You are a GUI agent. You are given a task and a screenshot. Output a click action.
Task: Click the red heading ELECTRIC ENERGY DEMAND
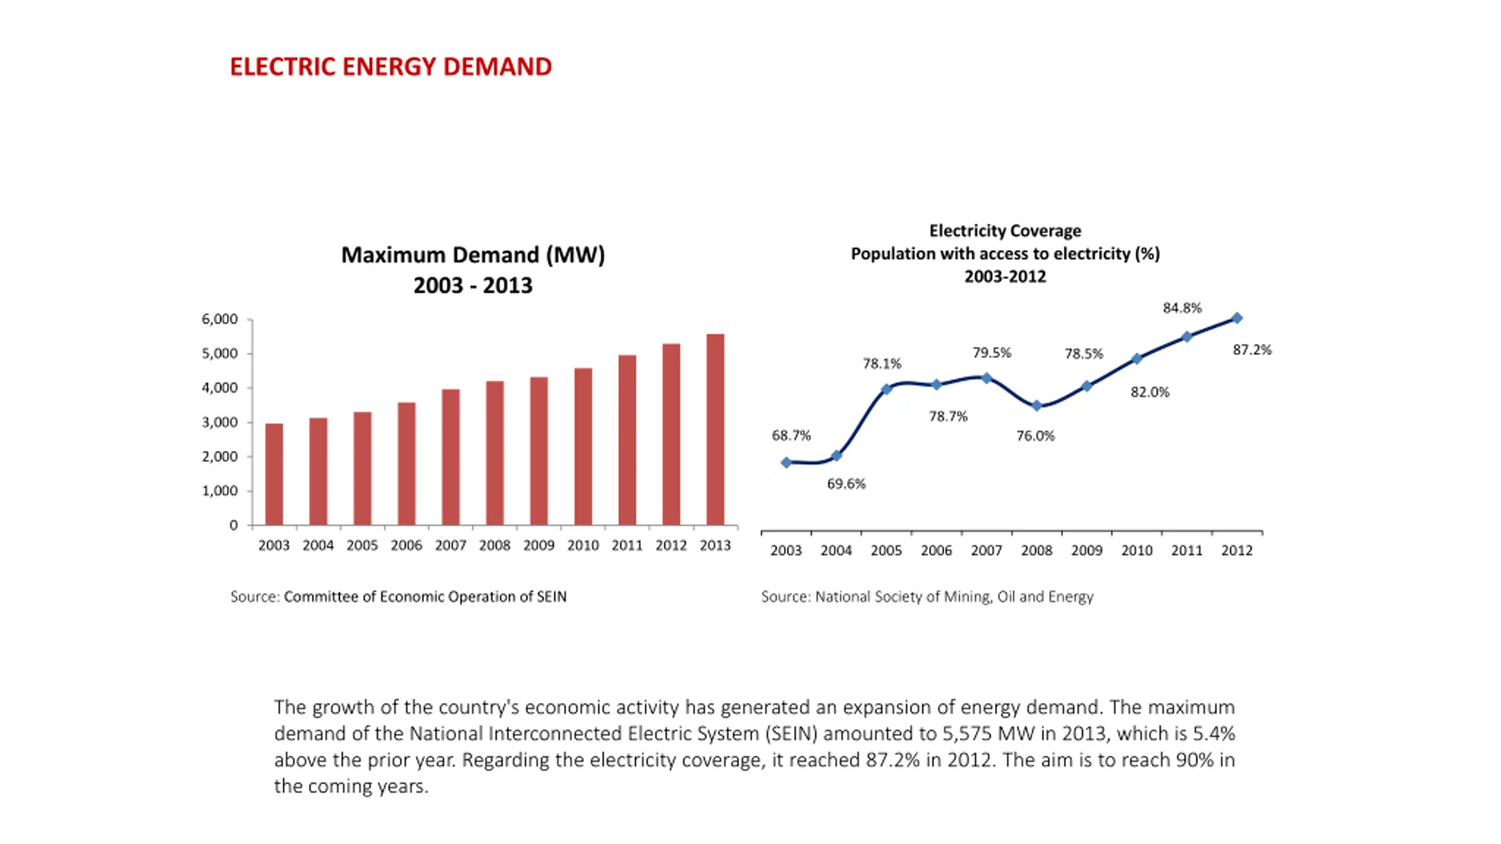390,67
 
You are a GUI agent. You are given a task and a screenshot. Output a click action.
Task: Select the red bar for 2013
715,429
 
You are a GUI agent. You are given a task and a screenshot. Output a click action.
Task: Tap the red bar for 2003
274,474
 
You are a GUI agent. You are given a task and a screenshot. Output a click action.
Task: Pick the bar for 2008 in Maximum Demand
495,453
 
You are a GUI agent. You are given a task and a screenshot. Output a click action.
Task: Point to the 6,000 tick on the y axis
220,319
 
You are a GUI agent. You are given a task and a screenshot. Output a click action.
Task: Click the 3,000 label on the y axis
220,423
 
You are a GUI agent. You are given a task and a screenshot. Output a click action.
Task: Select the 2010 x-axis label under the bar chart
583,546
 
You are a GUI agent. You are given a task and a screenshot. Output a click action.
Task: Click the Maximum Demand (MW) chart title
473,255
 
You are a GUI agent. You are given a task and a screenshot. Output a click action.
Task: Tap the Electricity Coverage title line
1005,230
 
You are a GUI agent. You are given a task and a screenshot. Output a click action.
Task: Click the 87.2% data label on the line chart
1252,350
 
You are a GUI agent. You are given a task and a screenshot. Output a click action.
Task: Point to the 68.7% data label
791,435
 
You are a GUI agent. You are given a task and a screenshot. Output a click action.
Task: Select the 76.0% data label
1035,436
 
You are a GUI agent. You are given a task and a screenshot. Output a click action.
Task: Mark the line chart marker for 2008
1037,406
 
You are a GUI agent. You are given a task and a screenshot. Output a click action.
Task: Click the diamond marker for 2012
1237,318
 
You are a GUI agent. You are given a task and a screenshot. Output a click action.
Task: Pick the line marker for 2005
887,389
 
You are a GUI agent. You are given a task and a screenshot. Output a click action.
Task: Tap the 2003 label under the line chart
786,551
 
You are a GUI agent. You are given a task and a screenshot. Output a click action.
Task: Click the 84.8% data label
1182,308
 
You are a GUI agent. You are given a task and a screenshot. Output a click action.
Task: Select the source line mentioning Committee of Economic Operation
398,597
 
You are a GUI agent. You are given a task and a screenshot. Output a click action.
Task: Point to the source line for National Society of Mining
927,597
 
